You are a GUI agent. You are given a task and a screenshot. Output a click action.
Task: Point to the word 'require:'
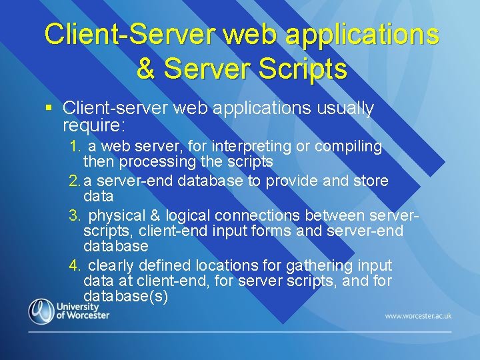click(x=89, y=125)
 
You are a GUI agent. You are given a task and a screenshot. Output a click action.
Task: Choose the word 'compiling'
click(x=348, y=146)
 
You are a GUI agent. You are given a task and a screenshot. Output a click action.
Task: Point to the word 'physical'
click(x=114, y=216)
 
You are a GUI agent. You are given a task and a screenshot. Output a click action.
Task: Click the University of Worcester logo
click(x=63, y=311)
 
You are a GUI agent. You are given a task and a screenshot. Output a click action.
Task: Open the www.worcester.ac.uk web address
click(x=418, y=315)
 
